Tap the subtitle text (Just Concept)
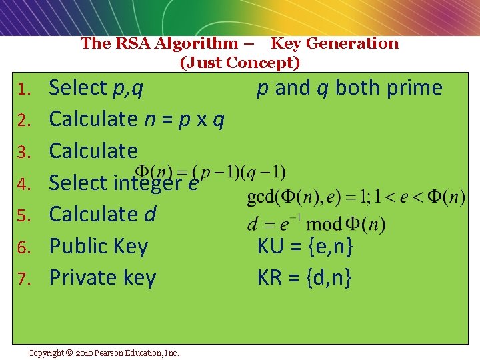(240, 63)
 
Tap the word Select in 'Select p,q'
(78, 88)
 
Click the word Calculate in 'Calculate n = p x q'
(93, 119)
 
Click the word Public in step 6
(79, 247)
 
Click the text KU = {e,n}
(305, 247)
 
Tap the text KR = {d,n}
(305, 278)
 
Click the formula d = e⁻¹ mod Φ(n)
(316, 224)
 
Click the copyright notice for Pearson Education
(103, 353)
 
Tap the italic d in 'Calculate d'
(150, 215)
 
